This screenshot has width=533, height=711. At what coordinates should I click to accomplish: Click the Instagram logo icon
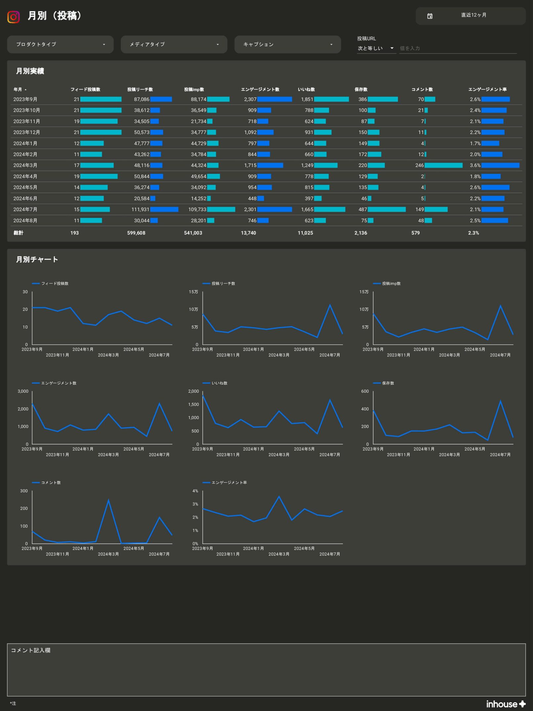pyautogui.click(x=14, y=17)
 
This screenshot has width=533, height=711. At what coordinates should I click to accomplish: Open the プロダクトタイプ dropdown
pyautogui.click(x=60, y=44)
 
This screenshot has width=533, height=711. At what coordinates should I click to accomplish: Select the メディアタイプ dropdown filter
pyautogui.click(x=174, y=44)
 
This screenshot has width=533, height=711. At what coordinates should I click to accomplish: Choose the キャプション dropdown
pyautogui.click(x=287, y=44)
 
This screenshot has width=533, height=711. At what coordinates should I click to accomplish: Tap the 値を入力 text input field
pyautogui.click(x=457, y=48)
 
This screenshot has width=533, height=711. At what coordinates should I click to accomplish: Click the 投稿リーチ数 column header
pyautogui.click(x=140, y=89)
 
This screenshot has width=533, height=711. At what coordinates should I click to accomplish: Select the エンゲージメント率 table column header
pyautogui.click(x=487, y=89)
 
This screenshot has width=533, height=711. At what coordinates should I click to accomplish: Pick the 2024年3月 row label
pyautogui.click(x=25, y=165)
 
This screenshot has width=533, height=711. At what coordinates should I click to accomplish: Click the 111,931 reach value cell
pyautogui.click(x=140, y=209)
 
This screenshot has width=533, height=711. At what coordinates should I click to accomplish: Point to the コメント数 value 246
pyautogui.click(x=419, y=165)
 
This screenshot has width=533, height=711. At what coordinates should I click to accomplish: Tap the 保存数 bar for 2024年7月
pyautogui.click(x=386, y=209)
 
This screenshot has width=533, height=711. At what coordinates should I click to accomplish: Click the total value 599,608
pyautogui.click(x=136, y=233)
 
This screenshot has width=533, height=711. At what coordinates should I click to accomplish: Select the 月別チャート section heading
pyautogui.click(x=37, y=259)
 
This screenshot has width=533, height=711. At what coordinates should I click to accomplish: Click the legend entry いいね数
pyautogui.click(x=219, y=383)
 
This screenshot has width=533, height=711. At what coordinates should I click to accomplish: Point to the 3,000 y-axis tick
pyautogui.click(x=23, y=391)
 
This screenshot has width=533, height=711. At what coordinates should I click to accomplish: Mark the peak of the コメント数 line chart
pyautogui.click(x=108, y=500)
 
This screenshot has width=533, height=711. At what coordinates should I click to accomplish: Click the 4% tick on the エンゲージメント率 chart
pyautogui.click(x=195, y=491)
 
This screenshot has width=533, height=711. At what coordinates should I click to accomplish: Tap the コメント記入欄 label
pyautogui.click(x=30, y=650)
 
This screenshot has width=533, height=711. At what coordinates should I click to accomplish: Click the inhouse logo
pyautogui.click(x=505, y=704)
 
